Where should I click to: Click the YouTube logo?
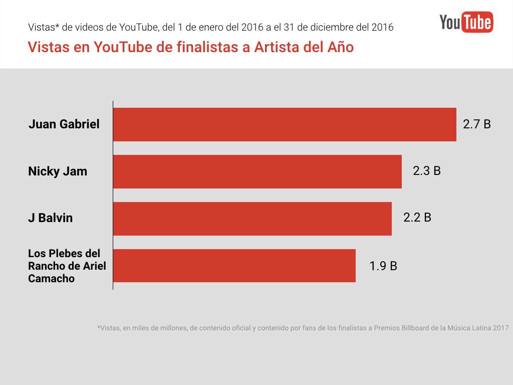point(466,22)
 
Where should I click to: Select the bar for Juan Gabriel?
point(285,124)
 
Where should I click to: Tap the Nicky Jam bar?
point(258,171)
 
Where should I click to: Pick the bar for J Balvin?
point(252,219)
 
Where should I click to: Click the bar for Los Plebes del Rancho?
point(234,266)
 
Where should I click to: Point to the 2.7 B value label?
point(476,124)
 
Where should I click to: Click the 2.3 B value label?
point(426,171)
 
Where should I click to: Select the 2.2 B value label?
point(417,218)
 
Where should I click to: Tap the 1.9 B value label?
point(383,266)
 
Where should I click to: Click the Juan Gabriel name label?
point(64,124)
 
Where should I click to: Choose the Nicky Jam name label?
point(58,171)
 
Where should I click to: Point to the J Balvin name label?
point(51,218)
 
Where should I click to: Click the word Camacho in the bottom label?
point(51,279)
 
